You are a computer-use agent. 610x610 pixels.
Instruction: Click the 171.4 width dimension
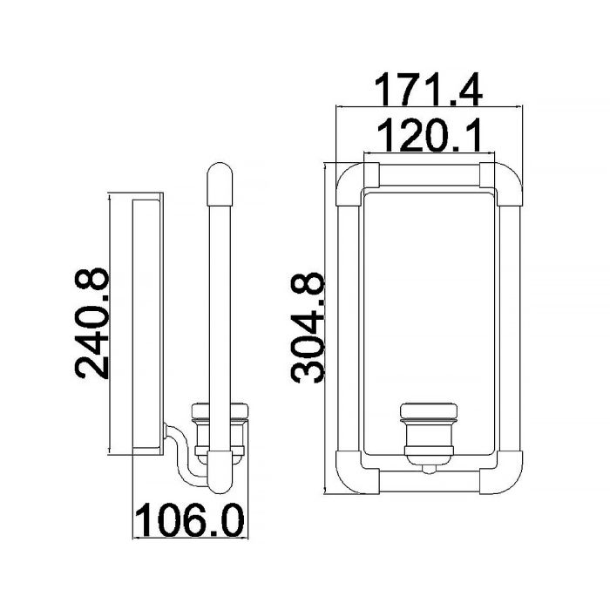tap(429, 90)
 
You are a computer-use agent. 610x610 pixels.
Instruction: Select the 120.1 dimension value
tap(429, 135)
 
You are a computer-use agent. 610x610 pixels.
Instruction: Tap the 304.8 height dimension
tap(308, 328)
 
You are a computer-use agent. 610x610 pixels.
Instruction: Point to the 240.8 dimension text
tap(91, 323)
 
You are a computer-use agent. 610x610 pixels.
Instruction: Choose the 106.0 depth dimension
tap(190, 519)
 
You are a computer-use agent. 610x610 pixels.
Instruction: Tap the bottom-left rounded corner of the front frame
tap(352, 477)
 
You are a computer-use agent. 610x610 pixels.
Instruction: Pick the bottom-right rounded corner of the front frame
tap(505, 477)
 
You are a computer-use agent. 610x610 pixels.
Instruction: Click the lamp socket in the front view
tap(429, 434)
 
